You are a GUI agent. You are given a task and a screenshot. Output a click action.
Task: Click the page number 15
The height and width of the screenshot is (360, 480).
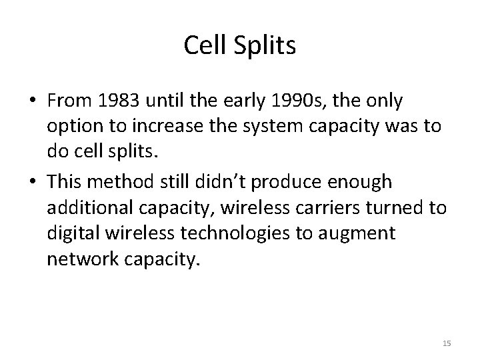pyautogui.click(x=447, y=343)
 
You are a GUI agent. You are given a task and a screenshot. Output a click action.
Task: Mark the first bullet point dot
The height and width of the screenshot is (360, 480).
pyautogui.click(x=33, y=101)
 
